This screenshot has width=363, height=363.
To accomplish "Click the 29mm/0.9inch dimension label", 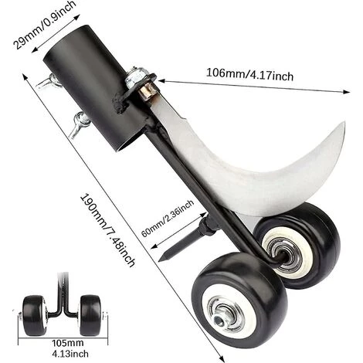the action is coord(44,24).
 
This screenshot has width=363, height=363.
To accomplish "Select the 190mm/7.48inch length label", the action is coord(107,230).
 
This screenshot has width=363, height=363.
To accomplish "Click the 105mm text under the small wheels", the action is coord(68,343).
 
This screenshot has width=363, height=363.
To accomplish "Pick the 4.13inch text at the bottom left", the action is coord(70,354).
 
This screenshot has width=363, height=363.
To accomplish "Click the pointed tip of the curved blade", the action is coord(344,122).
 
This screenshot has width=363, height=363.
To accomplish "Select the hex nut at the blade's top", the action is coord(135,75).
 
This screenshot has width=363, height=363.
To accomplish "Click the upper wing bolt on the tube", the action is coord(49,82).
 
